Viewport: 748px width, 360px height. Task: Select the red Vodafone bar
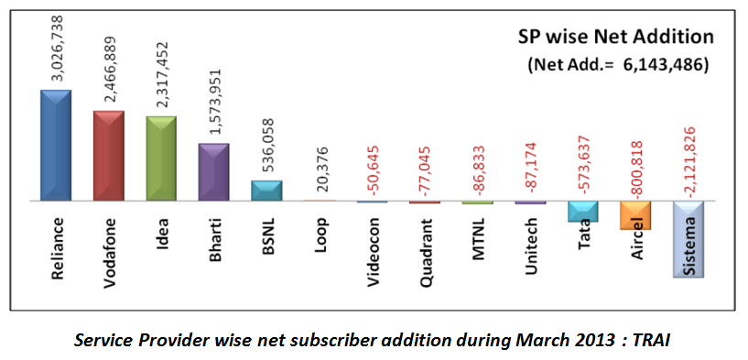[109, 155]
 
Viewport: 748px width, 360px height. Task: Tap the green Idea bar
[161, 158]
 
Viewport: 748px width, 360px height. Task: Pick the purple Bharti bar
[213, 171]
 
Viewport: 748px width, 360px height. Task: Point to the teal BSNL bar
[266, 190]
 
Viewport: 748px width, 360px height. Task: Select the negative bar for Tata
[582, 211]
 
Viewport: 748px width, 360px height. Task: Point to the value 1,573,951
[214, 104]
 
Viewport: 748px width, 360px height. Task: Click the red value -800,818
[634, 169]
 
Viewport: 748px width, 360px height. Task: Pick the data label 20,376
[320, 172]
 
